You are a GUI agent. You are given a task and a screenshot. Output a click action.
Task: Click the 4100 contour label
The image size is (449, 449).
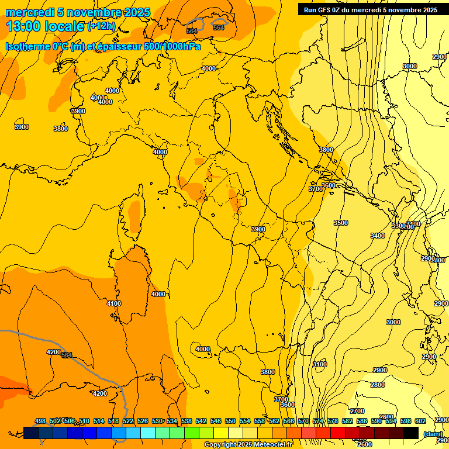114,303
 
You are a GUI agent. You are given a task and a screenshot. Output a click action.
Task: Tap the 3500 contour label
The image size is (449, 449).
341,223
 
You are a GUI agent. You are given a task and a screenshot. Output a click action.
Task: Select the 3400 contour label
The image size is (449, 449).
378,236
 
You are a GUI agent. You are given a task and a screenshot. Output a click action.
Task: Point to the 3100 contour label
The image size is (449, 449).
320,364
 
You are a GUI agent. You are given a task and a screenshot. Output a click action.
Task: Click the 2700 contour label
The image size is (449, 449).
357,411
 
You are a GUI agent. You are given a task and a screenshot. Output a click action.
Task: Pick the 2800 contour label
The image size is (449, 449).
378,385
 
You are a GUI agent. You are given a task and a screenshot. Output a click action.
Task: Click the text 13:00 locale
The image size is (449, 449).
45,26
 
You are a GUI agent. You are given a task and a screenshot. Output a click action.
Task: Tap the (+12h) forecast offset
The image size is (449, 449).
101,26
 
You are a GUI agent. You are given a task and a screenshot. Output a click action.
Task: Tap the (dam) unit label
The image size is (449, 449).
433,434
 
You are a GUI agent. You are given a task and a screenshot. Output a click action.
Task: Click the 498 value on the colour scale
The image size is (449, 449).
40,421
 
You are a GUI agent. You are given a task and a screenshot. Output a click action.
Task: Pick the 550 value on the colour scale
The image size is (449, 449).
230,421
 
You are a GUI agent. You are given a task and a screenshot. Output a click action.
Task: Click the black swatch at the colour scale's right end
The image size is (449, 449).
411,433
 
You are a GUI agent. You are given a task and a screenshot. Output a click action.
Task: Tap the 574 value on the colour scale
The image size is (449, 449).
318,421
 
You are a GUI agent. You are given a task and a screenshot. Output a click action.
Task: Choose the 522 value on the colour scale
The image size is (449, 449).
128,421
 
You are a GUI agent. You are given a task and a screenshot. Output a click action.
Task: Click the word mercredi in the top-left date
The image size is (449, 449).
26,12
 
